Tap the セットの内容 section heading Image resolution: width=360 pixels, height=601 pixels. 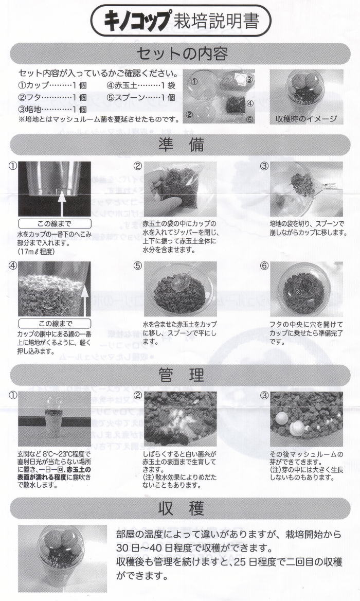click(182, 54)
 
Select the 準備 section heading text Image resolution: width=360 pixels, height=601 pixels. click(181, 145)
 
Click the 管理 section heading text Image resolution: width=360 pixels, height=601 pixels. click(181, 375)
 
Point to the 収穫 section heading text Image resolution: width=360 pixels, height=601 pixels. click(181, 508)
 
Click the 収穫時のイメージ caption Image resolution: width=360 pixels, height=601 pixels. click(307, 119)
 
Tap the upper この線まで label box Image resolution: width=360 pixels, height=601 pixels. click(55, 224)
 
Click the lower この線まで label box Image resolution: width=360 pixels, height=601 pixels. click(55, 324)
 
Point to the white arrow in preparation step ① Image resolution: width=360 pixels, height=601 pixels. click(62, 203)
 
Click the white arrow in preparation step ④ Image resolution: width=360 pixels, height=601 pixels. click(85, 300)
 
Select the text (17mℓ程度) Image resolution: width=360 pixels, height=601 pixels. click(37, 252)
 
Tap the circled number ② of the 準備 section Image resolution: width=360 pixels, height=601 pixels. click(137, 166)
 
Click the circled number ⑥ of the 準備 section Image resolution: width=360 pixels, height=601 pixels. click(264, 266)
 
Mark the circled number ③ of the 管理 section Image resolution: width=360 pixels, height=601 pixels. click(264, 396)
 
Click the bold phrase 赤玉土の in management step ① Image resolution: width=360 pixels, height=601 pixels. click(79, 469)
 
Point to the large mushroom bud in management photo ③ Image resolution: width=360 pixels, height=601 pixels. click(297, 428)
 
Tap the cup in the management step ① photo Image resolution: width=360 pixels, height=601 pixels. click(53, 418)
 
